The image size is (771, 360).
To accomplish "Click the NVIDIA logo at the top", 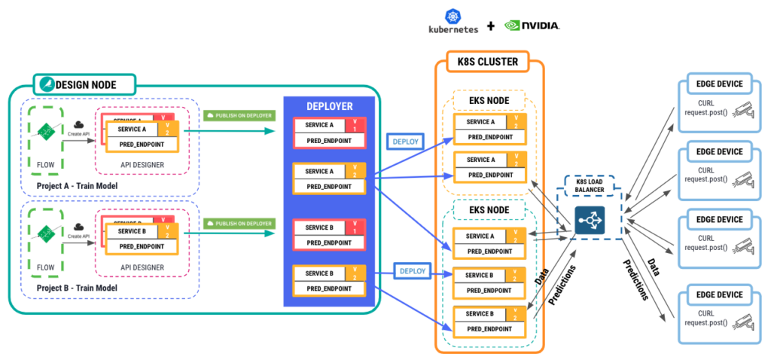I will tap(532, 25).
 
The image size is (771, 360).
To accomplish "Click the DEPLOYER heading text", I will tap(329, 106).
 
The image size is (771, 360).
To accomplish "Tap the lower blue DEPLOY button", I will tap(413, 270).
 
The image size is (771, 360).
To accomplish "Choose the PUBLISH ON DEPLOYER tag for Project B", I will tap(238, 223).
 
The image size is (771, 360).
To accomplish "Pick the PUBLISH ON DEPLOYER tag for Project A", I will tap(238, 116).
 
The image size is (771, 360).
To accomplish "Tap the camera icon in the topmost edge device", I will tap(743, 108).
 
